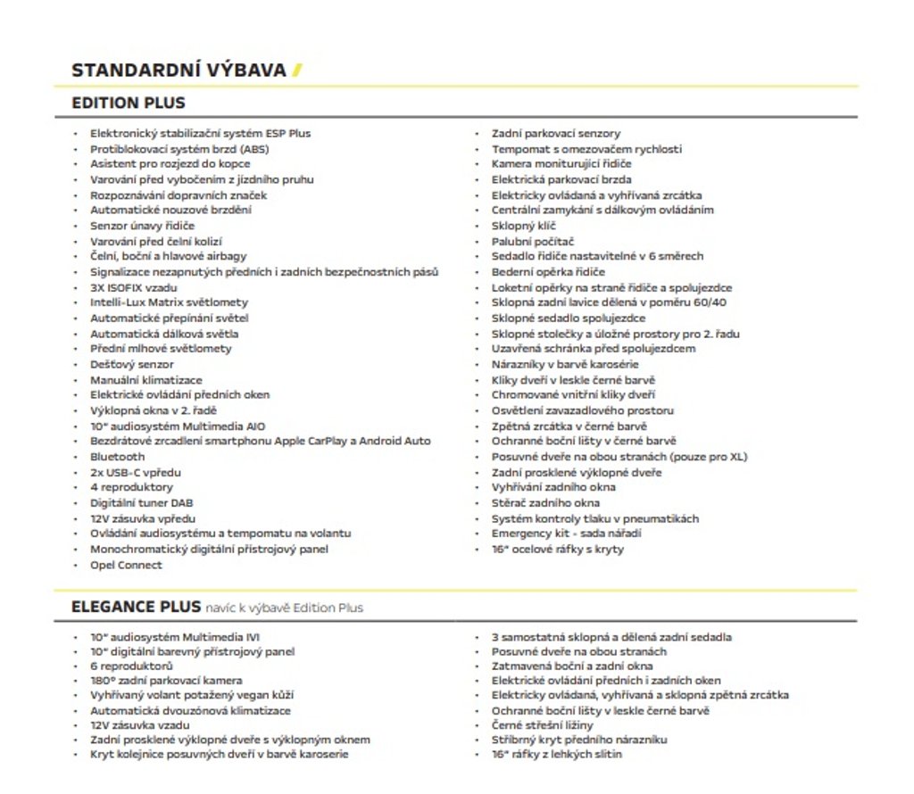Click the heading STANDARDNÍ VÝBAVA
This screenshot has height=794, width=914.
[x=179, y=70]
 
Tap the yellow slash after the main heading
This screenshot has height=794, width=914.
[x=296, y=70]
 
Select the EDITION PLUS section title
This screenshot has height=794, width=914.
[x=129, y=103]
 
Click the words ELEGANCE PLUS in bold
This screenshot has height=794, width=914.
[x=136, y=608]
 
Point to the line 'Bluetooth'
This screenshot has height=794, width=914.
[x=117, y=457]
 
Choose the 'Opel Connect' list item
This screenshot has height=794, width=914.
[x=126, y=565]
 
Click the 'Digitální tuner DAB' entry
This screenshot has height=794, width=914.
[x=141, y=503]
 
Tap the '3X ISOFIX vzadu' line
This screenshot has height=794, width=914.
[x=133, y=287]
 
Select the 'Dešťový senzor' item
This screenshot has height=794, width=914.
[x=131, y=364]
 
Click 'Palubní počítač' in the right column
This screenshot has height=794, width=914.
[x=533, y=241]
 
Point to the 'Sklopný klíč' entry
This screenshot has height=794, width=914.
[x=524, y=226]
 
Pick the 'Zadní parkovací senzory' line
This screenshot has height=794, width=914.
[x=556, y=133]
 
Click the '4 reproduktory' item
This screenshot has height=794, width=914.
[x=131, y=487]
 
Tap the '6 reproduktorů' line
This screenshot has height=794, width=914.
[x=131, y=666]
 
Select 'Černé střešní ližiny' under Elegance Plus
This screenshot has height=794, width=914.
[x=542, y=725]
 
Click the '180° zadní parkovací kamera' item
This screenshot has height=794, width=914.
[x=166, y=681]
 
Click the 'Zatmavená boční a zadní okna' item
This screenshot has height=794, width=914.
[x=572, y=666]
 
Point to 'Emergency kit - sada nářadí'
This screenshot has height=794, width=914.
[x=566, y=533]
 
